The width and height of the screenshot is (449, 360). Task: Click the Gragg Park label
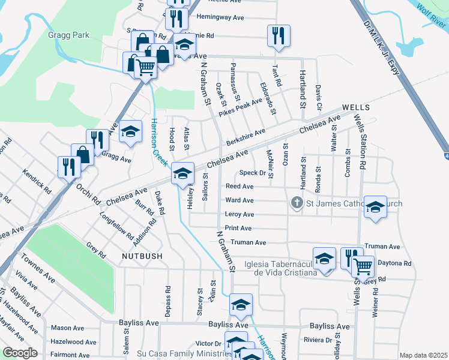(x=69, y=35)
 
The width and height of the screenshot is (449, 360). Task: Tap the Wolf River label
(x=430, y=16)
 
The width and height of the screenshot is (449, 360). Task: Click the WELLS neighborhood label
(x=357, y=107)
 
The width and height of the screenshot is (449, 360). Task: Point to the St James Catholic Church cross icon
(x=296, y=203)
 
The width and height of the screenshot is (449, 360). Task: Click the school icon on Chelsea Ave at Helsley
(x=183, y=174)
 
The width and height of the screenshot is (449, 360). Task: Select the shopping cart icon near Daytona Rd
(x=362, y=266)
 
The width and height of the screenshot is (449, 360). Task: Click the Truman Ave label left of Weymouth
(x=249, y=242)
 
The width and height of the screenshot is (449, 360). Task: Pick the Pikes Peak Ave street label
(x=240, y=107)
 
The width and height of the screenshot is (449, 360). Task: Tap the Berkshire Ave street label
(x=246, y=139)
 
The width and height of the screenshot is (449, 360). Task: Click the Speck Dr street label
(x=253, y=173)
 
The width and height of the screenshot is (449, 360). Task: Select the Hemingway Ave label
(x=220, y=17)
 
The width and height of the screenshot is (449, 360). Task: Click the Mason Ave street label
(x=67, y=328)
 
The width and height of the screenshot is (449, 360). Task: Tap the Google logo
(x=20, y=353)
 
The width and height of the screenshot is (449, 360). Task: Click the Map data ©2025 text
(x=423, y=355)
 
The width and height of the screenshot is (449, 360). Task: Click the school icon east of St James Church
(x=375, y=208)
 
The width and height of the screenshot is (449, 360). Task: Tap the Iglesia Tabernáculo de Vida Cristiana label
(x=281, y=268)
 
